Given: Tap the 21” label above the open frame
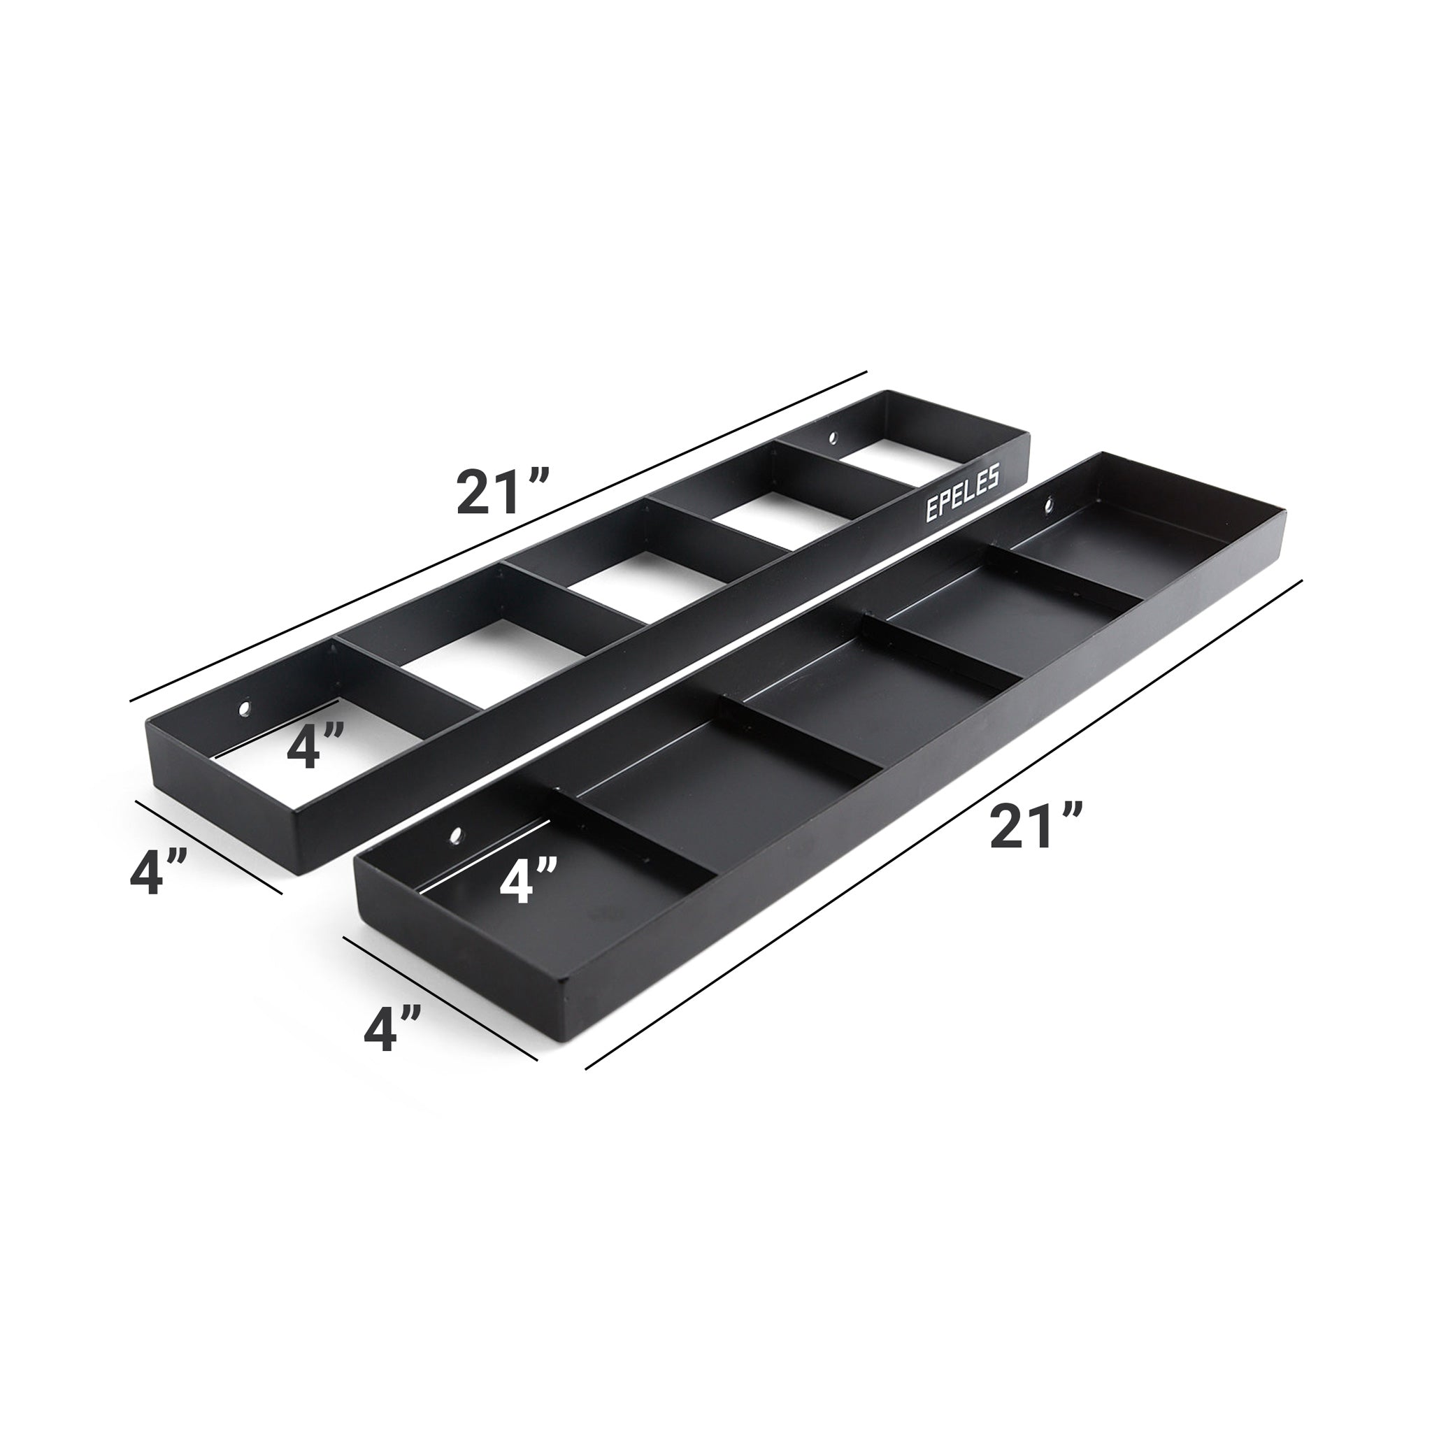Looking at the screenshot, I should (x=502, y=493).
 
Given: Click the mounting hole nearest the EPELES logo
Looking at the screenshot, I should (x=832, y=438).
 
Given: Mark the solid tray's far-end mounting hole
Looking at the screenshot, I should (x=1049, y=507).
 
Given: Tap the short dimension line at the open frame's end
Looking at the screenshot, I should (x=208, y=847).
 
